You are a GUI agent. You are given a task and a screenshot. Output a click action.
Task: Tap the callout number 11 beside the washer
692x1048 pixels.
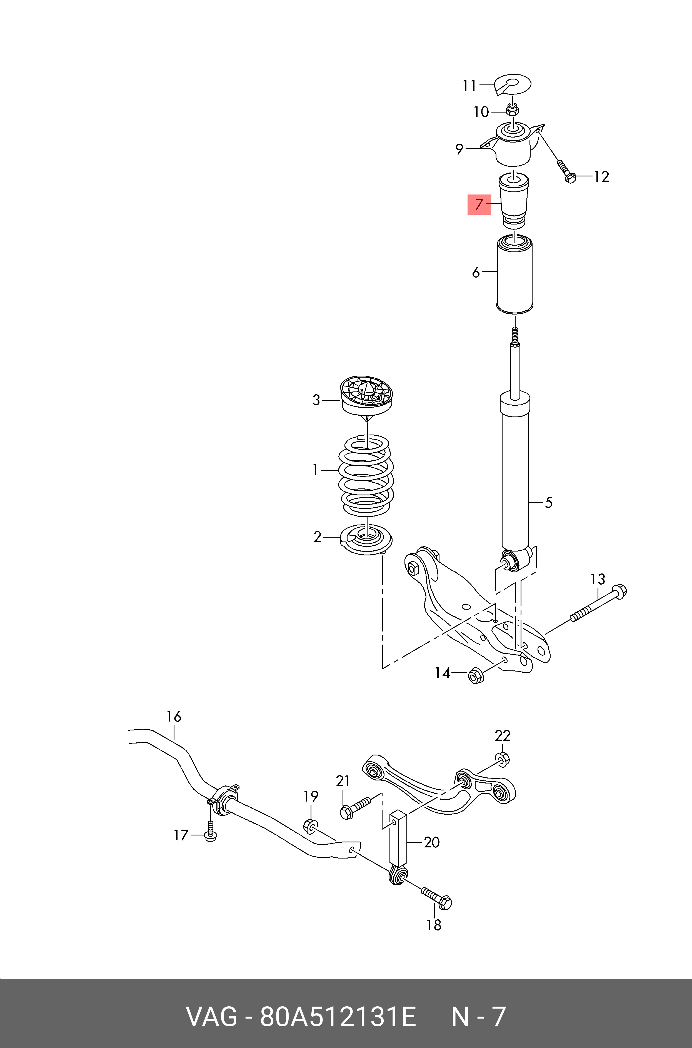(469, 85)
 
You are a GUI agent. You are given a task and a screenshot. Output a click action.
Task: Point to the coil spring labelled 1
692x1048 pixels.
(366, 475)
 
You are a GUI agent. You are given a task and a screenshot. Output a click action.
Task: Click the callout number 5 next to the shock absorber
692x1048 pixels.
(549, 503)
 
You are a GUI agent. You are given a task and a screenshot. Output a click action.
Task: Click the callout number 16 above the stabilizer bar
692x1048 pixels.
(174, 717)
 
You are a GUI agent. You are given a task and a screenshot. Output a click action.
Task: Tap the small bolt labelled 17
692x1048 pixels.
(211, 832)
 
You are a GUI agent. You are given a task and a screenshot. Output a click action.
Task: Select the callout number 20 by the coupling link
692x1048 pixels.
(432, 842)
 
